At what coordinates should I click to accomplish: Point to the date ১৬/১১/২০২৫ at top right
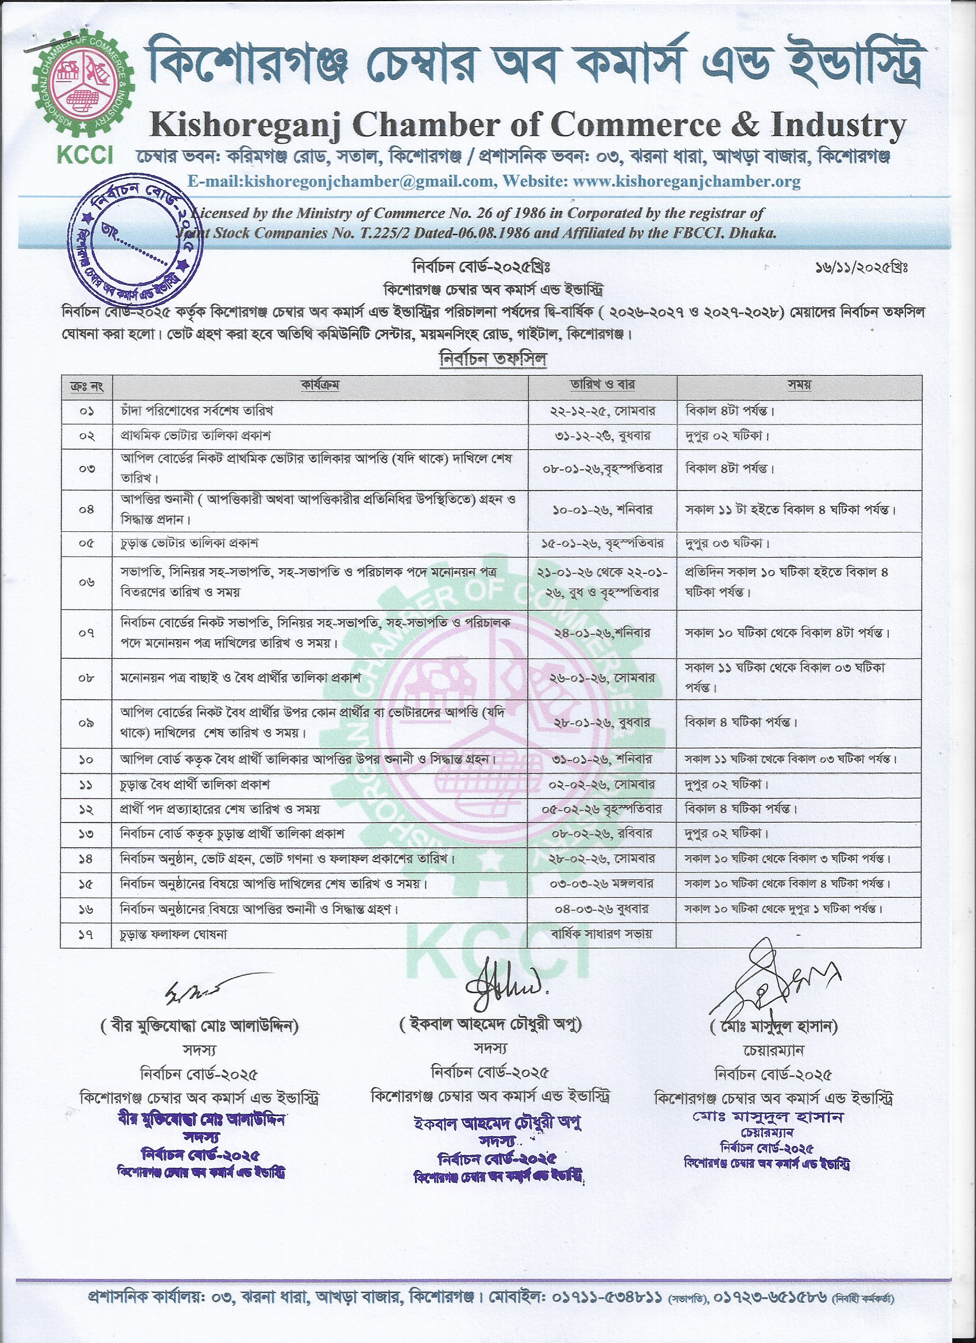point(861,268)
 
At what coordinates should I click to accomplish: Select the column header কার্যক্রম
point(320,385)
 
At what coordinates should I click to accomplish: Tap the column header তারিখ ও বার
point(602,385)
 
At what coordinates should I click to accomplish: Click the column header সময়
point(799,385)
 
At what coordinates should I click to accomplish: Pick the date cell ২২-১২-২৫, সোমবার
point(602,410)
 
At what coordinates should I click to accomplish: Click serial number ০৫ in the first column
point(87,543)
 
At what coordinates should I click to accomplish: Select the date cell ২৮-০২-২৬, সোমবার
point(602,858)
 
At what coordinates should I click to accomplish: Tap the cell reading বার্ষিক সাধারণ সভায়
point(602,934)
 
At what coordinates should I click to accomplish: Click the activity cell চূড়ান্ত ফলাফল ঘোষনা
point(174,935)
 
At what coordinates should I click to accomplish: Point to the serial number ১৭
point(87,935)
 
